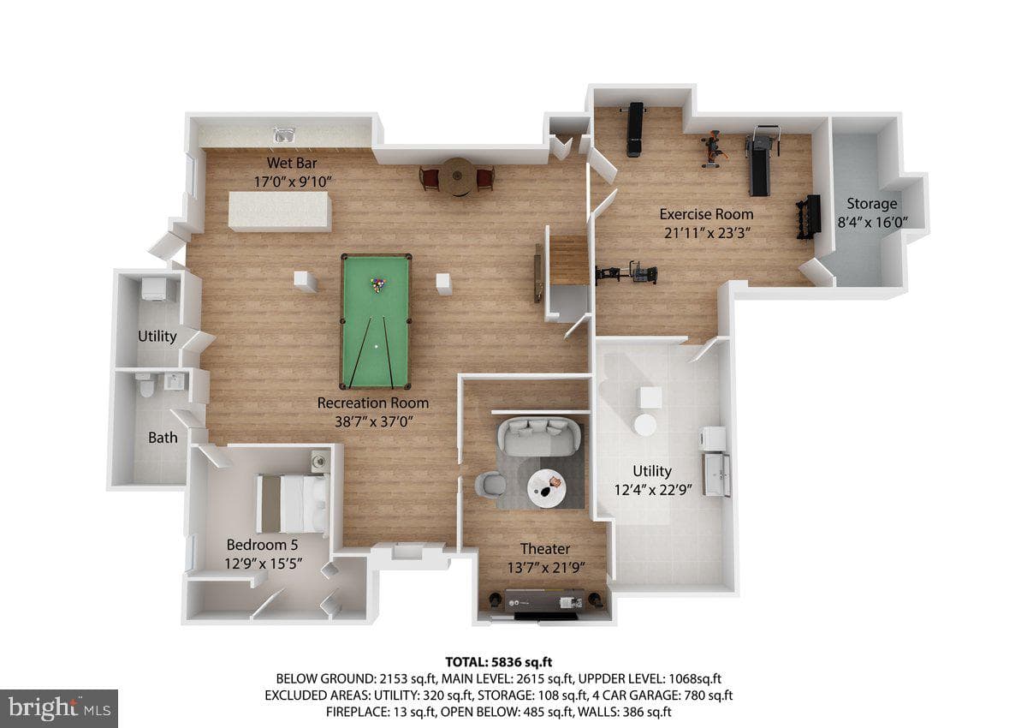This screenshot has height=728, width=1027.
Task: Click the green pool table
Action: [376, 321]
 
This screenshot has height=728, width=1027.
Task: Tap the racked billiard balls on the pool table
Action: [377, 285]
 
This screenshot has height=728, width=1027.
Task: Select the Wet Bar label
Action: [292, 163]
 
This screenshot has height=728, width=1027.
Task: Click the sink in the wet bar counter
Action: [284, 134]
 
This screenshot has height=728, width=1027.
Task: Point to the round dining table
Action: [457, 176]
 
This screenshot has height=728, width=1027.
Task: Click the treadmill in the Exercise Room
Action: [762, 159]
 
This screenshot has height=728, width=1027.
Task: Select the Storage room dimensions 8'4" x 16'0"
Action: [872, 223]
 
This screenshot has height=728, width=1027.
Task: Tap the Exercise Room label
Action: [706, 214]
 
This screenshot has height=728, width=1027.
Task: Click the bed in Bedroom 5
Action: [293, 504]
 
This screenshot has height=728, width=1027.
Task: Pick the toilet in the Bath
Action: [146, 385]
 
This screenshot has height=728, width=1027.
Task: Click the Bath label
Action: [163, 438]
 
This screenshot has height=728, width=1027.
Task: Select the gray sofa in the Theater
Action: [539, 437]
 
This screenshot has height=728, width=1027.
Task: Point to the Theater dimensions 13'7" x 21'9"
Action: [546, 568]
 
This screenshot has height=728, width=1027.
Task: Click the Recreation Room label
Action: [373, 403]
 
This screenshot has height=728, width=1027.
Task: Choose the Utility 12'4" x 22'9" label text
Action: [652, 480]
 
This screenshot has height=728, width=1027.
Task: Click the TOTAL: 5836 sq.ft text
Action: [499, 662]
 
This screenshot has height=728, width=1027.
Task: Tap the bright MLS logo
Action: [59, 707]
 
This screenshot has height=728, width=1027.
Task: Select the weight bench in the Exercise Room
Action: [634, 129]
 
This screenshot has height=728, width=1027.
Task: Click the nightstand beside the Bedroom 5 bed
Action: [319, 460]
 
